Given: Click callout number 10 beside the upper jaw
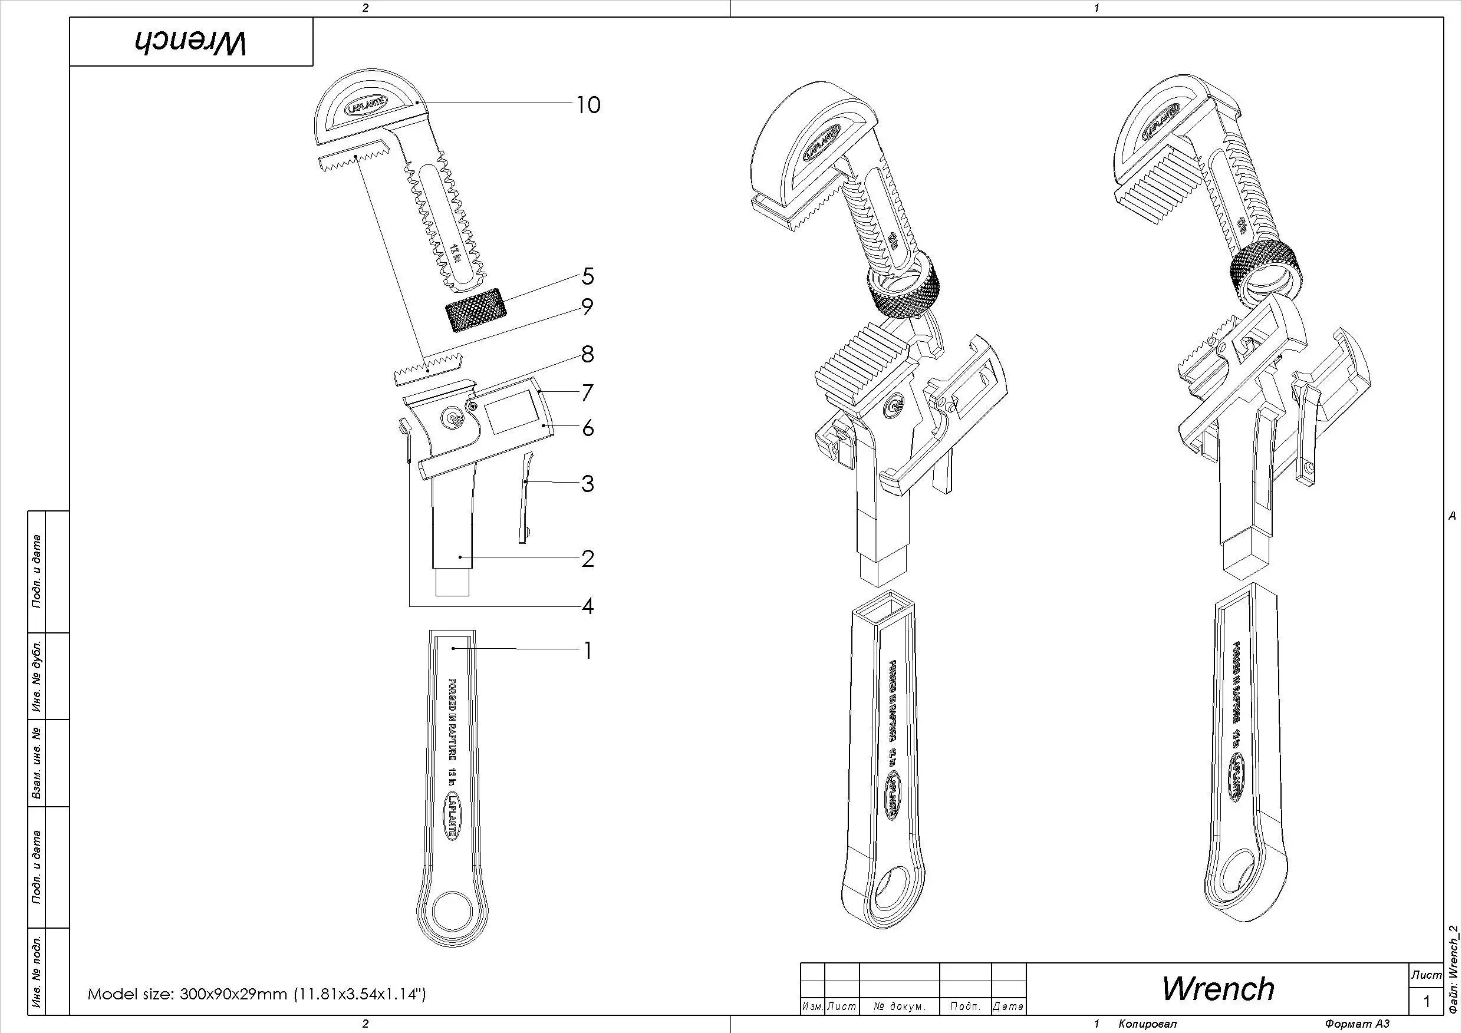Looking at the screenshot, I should [588, 105].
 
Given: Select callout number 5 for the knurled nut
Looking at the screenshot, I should [588, 276].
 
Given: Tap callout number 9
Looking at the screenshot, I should [587, 307].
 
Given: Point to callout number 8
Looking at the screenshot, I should [588, 355].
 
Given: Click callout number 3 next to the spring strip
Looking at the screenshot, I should [588, 484].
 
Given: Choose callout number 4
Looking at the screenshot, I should [588, 606].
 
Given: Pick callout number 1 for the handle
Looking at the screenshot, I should [588, 651].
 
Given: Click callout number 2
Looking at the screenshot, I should [588, 559].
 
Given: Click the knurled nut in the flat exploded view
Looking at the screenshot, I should [476, 310].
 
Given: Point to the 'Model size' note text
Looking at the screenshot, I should [256, 994].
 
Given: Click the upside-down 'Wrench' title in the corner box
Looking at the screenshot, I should [190, 42].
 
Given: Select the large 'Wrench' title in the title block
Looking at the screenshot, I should [1217, 988].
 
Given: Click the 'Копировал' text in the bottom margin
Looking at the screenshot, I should [1147, 1024].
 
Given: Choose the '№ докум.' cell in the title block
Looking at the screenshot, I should [899, 1006].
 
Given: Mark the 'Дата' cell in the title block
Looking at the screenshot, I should [1008, 1006].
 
